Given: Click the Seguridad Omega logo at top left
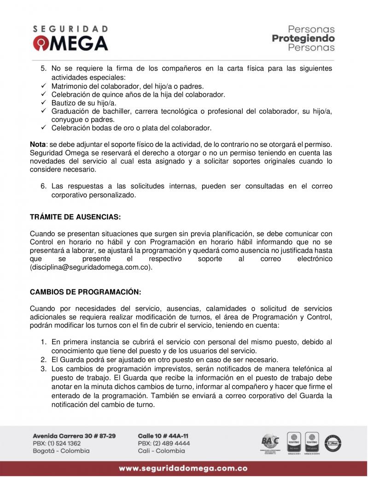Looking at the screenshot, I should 70,38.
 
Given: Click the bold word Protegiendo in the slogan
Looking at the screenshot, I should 303,38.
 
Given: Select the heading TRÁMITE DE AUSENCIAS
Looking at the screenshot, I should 75,216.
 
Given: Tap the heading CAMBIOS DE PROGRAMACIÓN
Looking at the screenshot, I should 85,292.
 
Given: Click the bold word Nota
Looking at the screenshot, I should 38,144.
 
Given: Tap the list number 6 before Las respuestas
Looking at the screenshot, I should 44,186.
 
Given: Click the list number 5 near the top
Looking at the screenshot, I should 44,68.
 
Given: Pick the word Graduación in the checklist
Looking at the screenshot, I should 70,111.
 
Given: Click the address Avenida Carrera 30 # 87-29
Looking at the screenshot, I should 74,436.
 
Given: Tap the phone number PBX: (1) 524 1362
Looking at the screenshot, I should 57,443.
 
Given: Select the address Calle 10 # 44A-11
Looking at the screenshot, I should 163,436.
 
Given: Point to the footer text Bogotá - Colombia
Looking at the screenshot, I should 61,451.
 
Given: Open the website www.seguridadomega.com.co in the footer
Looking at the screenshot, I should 183,468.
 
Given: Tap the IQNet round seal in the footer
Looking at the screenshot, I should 333,443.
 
